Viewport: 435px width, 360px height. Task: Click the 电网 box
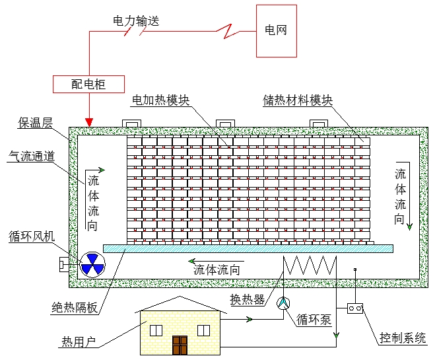click(x=276, y=30)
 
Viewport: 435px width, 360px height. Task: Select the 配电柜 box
click(x=88, y=84)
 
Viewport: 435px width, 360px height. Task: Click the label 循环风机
click(x=32, y=236)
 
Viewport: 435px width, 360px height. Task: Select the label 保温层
click(x=35, y=122)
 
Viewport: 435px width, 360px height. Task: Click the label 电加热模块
click(x=161, y=100)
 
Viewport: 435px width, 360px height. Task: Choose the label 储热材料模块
click(x=298, y=100)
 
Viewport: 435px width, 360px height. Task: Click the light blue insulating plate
click(x=248, y=248)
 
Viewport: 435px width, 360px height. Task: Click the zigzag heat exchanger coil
click(x=310, y=266)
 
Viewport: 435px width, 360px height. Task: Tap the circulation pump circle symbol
click(x=282, y=303)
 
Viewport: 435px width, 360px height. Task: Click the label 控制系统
click(x=403, y=337)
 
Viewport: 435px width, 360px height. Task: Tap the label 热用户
click(x=79, y=342)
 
